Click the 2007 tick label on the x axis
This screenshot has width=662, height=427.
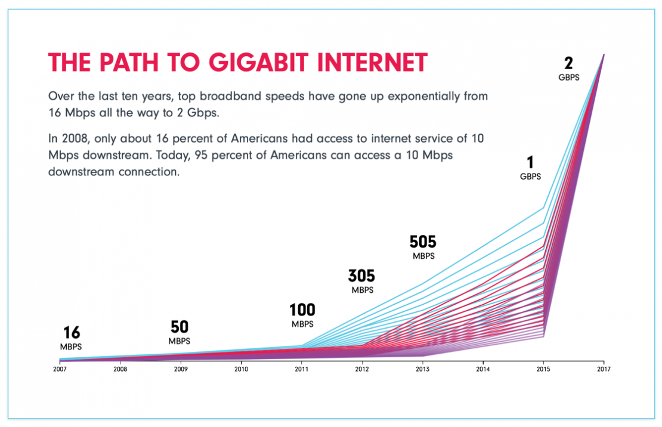[60, 369]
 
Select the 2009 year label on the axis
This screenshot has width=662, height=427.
[181, 369]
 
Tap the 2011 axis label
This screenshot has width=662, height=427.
[302, 369]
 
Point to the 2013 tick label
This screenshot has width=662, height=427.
[422, 369]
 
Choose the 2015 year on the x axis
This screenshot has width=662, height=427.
[543, 369]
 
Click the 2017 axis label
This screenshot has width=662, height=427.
[604, 369]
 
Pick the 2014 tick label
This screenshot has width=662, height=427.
[483, 369]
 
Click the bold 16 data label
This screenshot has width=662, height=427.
[71, 333]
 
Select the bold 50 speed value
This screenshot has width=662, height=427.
[180, 327]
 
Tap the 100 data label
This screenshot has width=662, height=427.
[302, 311]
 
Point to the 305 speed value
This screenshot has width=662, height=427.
[362, 276]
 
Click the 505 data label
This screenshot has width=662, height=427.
[423, 242]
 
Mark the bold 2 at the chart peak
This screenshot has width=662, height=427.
[569, 64]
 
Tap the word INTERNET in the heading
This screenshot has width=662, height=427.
[369, 63]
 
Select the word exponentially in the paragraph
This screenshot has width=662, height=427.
[405, 96]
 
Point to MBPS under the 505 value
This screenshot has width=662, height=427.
[423, 256]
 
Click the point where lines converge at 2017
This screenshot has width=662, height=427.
[604, 54]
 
